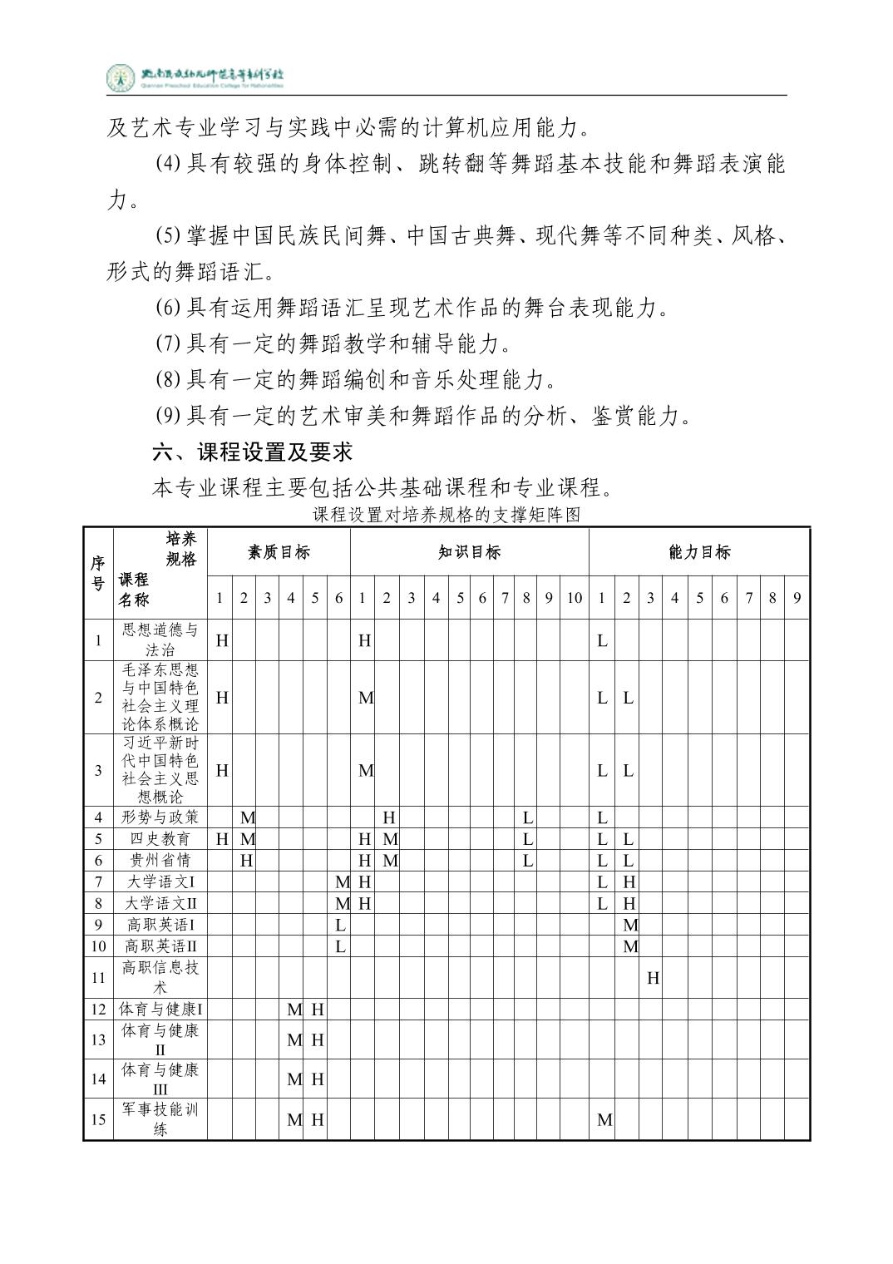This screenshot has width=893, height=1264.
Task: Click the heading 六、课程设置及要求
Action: click(x=252, y=452)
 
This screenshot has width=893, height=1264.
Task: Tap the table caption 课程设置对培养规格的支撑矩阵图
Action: click(x=446, y=515)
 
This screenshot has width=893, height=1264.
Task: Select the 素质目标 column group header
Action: click(x=279, y=551)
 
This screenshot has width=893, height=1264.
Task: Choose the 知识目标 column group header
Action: click(x=469, y=551)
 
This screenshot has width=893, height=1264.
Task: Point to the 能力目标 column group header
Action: click(x=699, y=551)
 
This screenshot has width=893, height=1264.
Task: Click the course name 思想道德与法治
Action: click(x=160, y=639)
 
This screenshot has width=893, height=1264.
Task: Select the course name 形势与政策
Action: click(x=160, y=817)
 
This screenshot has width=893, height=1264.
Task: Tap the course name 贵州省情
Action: click(x=160, y=861)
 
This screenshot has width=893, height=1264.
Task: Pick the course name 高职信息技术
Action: click(x=160, y=977)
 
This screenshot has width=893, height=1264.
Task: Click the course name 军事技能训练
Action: click(x=160, y=1119)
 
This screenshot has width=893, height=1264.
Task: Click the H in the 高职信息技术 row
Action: click(x=653, y=978)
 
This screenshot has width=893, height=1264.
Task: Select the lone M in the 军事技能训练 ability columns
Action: click(x=604, y=1120)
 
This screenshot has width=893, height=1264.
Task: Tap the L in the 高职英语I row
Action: click(x=339, y=925)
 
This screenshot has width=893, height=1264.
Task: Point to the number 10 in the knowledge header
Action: click(x=574, y=597)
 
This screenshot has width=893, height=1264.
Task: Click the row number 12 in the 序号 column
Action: click(x=98, y=1010)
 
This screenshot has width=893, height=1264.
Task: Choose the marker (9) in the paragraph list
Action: click(x=168, y=416)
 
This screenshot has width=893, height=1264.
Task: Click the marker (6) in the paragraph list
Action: click(x=168, y=309)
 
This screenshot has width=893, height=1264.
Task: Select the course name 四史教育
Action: click(x=160, y=839)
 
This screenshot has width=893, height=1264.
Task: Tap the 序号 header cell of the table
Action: click(x=98, y=573)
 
